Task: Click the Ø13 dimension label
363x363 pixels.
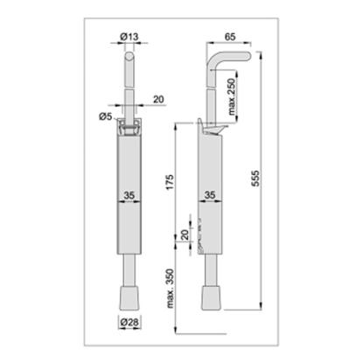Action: tap(129, 37)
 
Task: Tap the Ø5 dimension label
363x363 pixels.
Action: tap(106, 116)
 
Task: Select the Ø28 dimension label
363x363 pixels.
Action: tap(129, 322)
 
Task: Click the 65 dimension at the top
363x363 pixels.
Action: tap(230, 37)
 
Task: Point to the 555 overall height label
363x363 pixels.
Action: tap(255, 178)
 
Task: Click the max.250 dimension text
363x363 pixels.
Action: tap(232, 97)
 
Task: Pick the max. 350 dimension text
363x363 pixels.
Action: tap(170, 289)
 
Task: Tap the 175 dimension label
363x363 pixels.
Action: tap(171, 182)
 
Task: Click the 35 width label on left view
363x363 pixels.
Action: tap(129, 195)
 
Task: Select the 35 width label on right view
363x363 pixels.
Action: tap(210, 195)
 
